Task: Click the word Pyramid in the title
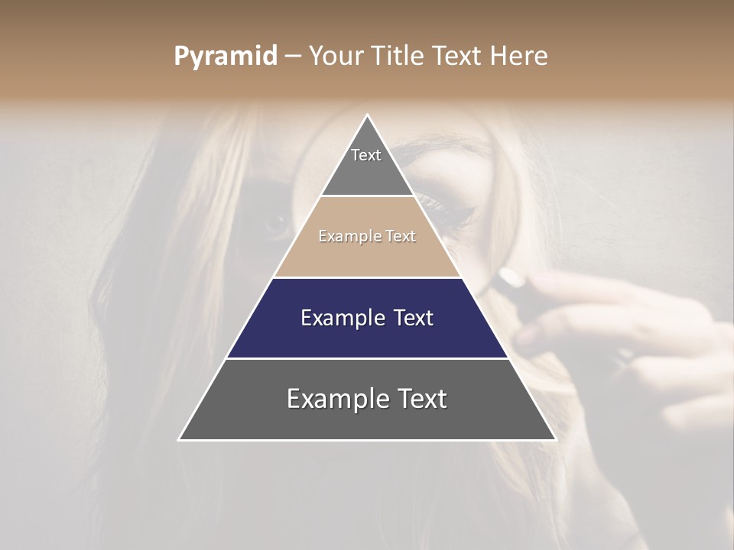226,56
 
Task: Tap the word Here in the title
518,56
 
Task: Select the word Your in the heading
336,56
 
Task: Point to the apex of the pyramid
367,116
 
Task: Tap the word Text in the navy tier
412,318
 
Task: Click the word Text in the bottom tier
423,400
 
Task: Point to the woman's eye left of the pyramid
274,224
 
